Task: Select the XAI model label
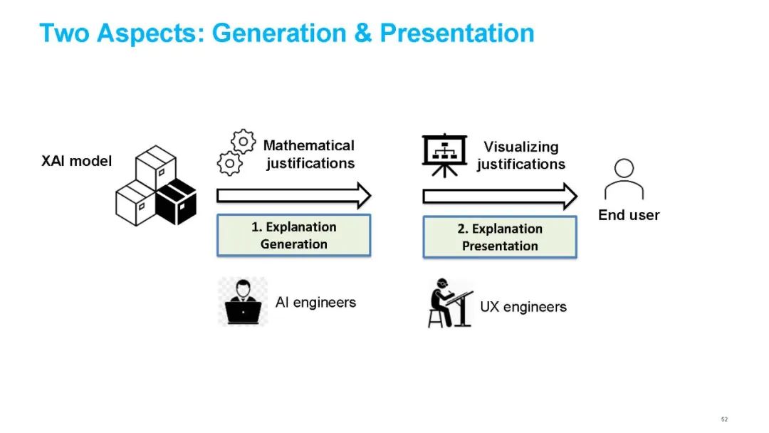[x=77, y=161]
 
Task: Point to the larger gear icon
[x=244, y=141]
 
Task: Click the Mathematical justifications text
[x=309, y=155]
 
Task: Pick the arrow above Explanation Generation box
[x=293, y=195]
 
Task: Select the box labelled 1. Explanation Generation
[x=293, y=236]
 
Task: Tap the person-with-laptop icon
[x=242, y=302]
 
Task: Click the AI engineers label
[x=315, y=303]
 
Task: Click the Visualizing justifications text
[x=521, y=156]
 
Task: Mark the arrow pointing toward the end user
[x=500, y=196]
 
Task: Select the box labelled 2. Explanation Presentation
[x=500, y=237]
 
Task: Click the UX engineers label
[x=523, y=308]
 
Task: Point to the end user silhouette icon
[x=624, y=179]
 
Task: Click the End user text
[x=629, y=215]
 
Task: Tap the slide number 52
[x=724, y=419]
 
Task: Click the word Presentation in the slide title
[x=456, y=33]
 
